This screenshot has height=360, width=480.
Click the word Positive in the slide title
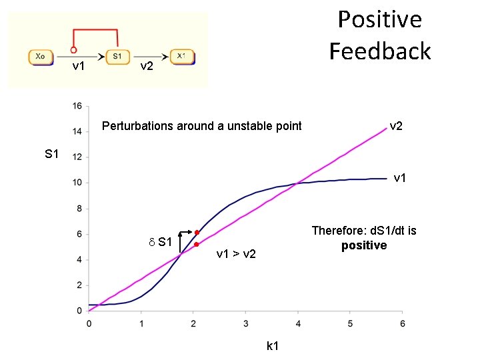click(x=379, y=19)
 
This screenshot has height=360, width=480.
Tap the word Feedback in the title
click(x=380, y=51)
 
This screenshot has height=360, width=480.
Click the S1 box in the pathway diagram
click(x=117, y=57)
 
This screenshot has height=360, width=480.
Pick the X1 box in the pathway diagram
click(x=181, y=57)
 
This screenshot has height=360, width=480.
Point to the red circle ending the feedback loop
click(x=73, y=49)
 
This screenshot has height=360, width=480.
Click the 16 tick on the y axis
click(x=77, y=106)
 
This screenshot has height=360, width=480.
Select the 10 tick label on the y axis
click(x=77, y=183)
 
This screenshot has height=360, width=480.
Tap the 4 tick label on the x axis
click(x=298, y=323)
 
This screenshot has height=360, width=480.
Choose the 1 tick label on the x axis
click(x=141, y=323)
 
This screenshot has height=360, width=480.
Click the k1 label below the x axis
click(x=272, y=346)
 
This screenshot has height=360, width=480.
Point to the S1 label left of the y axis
click(x=53, y=155)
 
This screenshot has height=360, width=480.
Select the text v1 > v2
click(x=237, y=254)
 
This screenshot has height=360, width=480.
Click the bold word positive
click(x=364, y=245)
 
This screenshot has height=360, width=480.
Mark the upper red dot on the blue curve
click(x=197, y=232)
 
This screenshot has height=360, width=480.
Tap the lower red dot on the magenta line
click(x=197, y=245)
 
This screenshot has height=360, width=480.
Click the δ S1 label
click(x=160, y=241)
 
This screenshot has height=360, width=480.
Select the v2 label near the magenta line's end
click(x=396, y=126)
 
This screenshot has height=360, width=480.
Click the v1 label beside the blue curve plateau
click(x=401, y=178)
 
